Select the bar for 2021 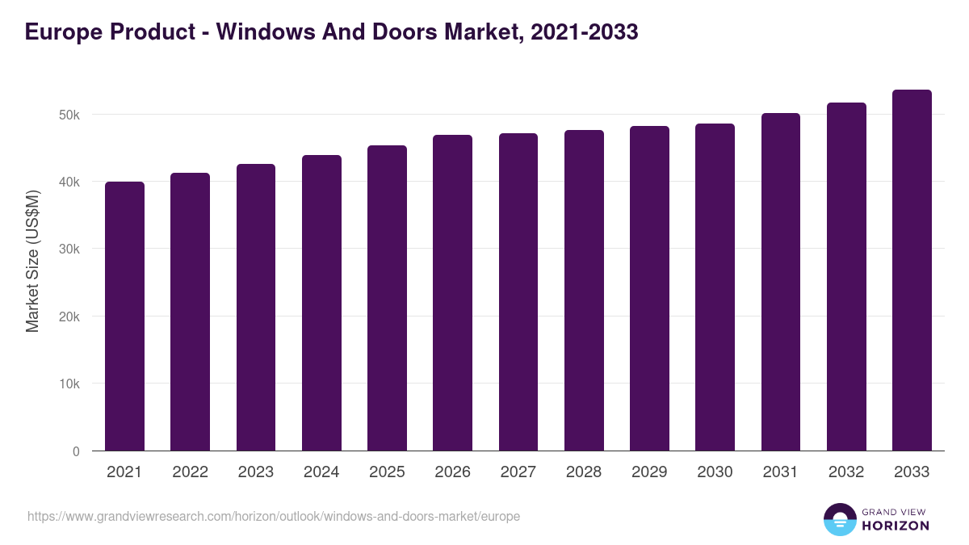click(124, 317)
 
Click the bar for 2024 click(321, 303)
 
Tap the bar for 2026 click(452, 293)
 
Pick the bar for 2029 click(649, 288)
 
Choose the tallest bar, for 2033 click(912, 270)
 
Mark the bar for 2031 click(781, 282)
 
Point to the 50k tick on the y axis click(69, 115)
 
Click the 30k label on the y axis click(69, 249)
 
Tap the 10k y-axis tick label click(69, 384)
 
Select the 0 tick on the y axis click(76, 451)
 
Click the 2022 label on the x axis click(190, 472)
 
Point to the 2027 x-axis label click(518, 472)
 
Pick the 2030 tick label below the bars click(715, 472)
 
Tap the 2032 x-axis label click(846, 472)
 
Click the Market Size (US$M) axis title click(32, 260)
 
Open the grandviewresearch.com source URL click(274, 516)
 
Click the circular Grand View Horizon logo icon click(839, 519)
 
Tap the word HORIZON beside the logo click(896, 526)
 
